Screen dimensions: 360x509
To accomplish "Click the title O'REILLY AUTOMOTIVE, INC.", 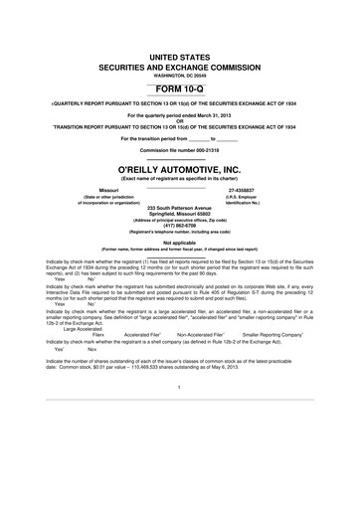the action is tap(180, 171).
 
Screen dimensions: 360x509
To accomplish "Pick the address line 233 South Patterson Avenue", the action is tap(180, 207).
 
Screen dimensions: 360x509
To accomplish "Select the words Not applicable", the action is tap(180, 242).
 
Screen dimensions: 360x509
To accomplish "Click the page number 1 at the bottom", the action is tap(180, 443).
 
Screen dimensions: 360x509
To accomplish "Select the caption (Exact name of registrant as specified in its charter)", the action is tap(180, 179).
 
